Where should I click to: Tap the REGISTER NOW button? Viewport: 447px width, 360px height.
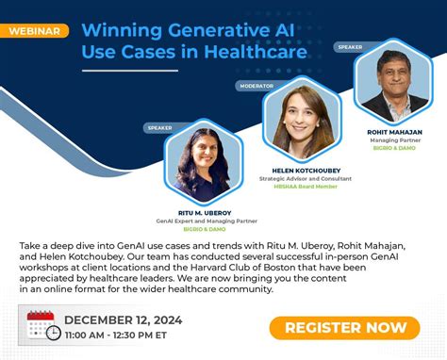[x=344, y=327]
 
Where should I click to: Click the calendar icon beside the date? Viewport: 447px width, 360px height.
[x=42, y=326]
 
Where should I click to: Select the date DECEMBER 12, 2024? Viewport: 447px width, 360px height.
[x=124, y=319]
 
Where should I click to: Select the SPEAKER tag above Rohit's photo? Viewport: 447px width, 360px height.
[x=350, y=46]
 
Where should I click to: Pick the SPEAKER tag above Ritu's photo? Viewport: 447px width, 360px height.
[x=159, y=127]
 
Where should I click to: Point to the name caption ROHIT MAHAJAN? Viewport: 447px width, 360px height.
[x=395, y=131]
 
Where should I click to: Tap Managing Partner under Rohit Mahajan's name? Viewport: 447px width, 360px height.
[x=395, y=139]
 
